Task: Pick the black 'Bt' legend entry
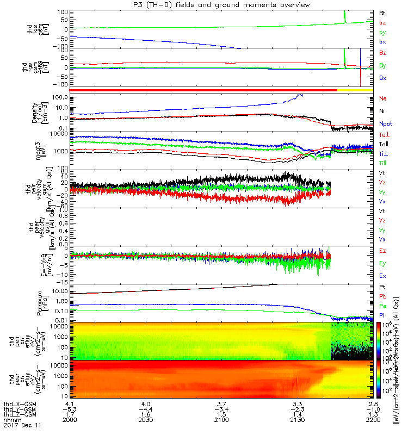382,13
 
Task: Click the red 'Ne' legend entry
382,98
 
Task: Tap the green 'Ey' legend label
382,263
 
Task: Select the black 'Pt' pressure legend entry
382,287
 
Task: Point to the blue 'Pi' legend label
382,315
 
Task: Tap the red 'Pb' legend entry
382,296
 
